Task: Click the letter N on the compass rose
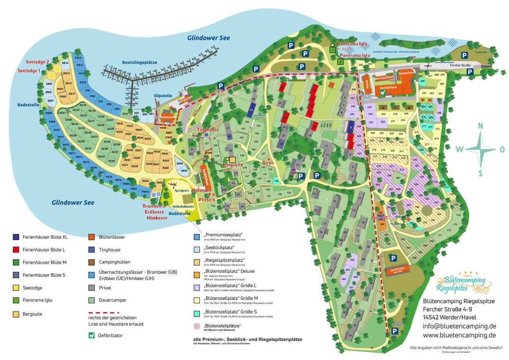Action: [x=481, y=126]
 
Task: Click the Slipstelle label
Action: [x=163, y=96]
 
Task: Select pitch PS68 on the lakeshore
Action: [x=48, y=113]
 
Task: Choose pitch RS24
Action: [x=139, y=130]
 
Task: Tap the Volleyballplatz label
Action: [x=183, y=207]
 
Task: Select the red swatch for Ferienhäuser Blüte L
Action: [x=16, y=249]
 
